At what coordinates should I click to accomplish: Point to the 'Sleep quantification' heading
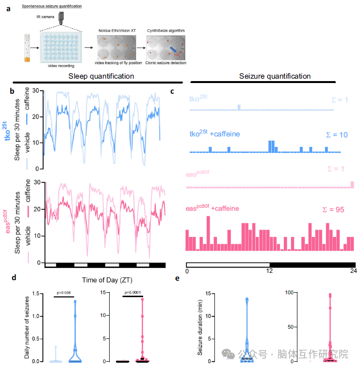tap(101, 76)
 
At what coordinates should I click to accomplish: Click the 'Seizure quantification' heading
tap(275, 76)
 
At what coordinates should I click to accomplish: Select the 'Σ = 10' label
tap(336, 134)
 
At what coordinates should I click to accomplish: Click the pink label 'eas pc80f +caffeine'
tap(212, 208)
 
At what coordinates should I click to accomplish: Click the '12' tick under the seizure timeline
tap(269, 270)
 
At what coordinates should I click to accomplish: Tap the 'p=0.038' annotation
tap(64, 293)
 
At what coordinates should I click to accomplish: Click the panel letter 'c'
tap(173, 91)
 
